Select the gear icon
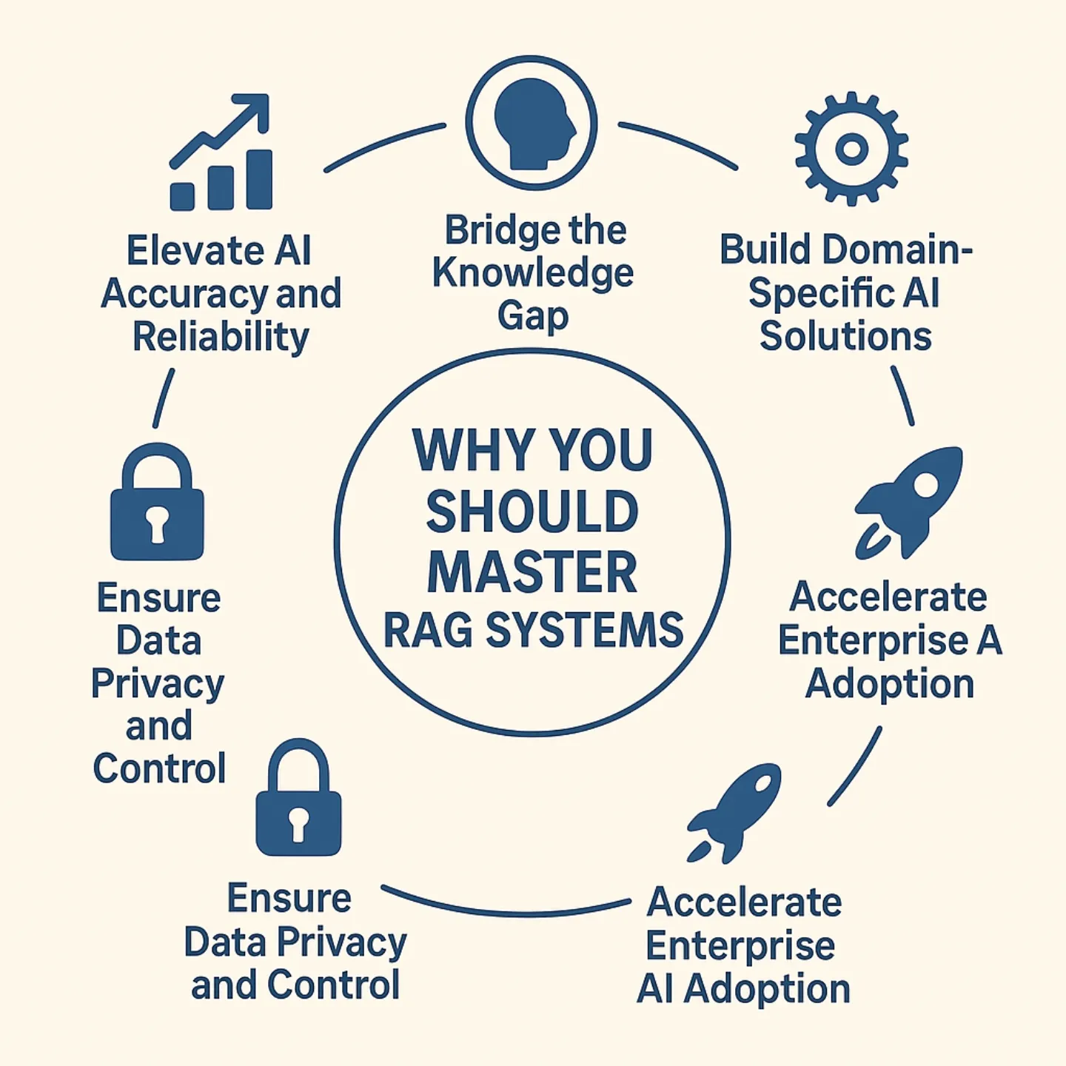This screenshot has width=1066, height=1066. point(851,148)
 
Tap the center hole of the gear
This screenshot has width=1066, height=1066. point(851,149)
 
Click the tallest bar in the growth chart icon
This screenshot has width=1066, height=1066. point(259,180)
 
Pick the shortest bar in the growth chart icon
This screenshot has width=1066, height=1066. point(182,196)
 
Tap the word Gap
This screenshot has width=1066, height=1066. point(533,317)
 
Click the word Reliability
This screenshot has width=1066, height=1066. point(221,338)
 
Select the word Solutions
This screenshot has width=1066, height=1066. point(845,336)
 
